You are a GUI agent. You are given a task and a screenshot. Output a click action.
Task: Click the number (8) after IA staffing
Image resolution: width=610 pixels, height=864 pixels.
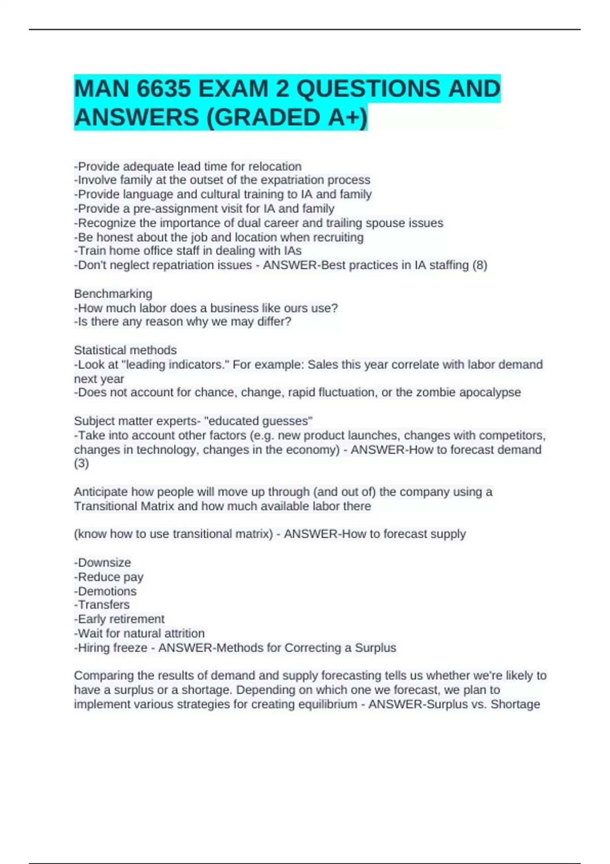tap(480, 265)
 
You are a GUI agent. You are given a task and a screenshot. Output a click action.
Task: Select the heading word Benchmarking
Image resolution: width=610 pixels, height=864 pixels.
tap(113, 293)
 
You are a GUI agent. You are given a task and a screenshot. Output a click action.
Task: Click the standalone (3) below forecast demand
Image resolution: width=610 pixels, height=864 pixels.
tap(81, 463)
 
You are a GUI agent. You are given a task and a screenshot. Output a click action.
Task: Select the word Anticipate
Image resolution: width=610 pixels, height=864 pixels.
tap(101, 491)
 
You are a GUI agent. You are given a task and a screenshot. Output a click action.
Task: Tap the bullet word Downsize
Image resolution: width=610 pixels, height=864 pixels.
tap(104, 562)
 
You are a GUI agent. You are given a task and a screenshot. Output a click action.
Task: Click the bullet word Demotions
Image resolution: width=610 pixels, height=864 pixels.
tap(107, 591)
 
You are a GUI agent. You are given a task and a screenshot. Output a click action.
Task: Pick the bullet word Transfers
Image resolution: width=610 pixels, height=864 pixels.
tap(104, 604)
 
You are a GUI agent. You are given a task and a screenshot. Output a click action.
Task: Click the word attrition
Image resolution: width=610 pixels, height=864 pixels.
tap(182, 633)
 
